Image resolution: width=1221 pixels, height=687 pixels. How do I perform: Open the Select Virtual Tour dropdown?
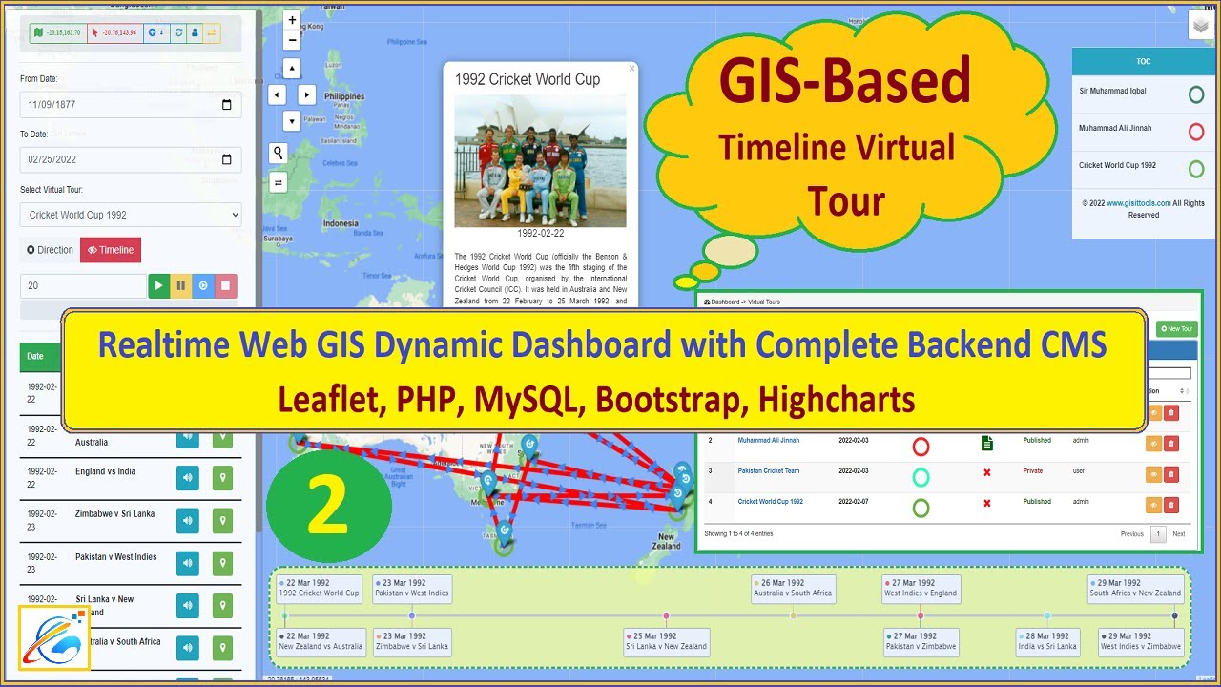click(x=130, y=215)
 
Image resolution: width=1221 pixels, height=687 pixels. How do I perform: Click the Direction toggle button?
click(x=51, y=250)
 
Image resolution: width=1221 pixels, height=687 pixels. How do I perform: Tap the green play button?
click(x=158, y=285)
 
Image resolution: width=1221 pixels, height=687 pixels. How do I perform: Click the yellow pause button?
click(x=181, y=285)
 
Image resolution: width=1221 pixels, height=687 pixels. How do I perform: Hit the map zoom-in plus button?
click(x=292, y=21)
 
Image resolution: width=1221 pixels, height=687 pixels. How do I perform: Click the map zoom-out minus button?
click(x=292, y=40)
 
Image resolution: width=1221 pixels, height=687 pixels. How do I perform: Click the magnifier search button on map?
click(x=279, y=153)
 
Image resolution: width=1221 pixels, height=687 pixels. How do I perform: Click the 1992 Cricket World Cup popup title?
click(x=528, y=79)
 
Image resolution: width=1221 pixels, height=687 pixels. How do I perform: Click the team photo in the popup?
click(x=540, y=160)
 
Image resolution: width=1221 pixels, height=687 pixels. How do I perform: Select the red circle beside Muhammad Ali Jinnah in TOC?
click(x=1195, y=132)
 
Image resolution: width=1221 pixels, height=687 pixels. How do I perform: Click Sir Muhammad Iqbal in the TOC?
click(x=1112, y=92)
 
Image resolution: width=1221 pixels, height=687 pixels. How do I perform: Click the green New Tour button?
click(x=1175, y=328)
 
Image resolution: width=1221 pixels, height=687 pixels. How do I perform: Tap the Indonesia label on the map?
click(x=341, y=223)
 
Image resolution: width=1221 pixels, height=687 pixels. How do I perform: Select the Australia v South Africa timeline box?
click(x=793, y=588)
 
